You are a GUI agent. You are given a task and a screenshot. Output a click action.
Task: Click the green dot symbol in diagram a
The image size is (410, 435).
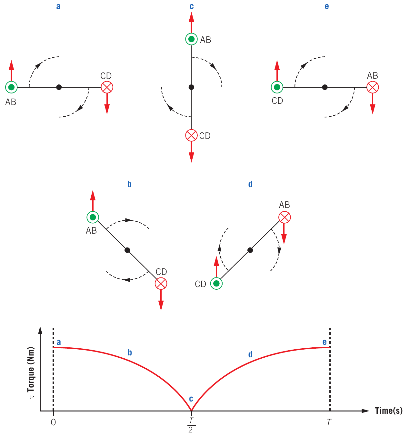point(11,87)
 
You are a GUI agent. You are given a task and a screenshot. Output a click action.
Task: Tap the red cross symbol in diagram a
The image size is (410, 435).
point(107,87)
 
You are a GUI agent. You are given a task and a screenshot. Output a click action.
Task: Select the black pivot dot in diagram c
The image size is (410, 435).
point(191,87)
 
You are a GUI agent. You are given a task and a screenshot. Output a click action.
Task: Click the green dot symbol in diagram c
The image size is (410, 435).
point(192,39)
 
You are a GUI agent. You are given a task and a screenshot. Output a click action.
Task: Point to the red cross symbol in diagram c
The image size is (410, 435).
point(192,135)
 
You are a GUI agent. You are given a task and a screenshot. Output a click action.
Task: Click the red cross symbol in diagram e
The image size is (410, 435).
point(373,87)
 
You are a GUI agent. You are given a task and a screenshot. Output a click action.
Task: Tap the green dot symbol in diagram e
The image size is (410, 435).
point(277,87)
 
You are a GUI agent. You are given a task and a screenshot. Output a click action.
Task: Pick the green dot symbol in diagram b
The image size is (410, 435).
point(93,217)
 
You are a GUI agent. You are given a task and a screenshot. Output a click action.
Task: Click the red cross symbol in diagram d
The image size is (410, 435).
point(285,217)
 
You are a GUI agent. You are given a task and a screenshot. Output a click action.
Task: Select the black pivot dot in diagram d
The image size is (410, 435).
point(250,250)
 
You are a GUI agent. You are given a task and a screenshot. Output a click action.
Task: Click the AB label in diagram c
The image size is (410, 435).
point(205,40)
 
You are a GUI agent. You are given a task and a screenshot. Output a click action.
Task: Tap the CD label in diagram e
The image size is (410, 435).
point(277,101)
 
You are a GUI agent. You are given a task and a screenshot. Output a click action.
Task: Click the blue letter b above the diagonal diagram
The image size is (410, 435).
point(129,184)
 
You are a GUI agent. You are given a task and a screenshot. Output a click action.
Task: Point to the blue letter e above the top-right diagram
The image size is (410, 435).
point(327,6)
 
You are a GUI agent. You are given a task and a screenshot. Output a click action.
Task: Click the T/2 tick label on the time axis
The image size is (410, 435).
point(191,425)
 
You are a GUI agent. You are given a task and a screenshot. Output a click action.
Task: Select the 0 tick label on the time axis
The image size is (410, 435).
point(53,422)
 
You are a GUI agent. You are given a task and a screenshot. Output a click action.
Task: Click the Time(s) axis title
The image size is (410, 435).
point(389,411)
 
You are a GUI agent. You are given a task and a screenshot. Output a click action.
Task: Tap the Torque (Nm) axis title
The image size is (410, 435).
point(31,373)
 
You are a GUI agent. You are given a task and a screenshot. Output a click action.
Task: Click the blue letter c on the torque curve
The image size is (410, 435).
point(191,399)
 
